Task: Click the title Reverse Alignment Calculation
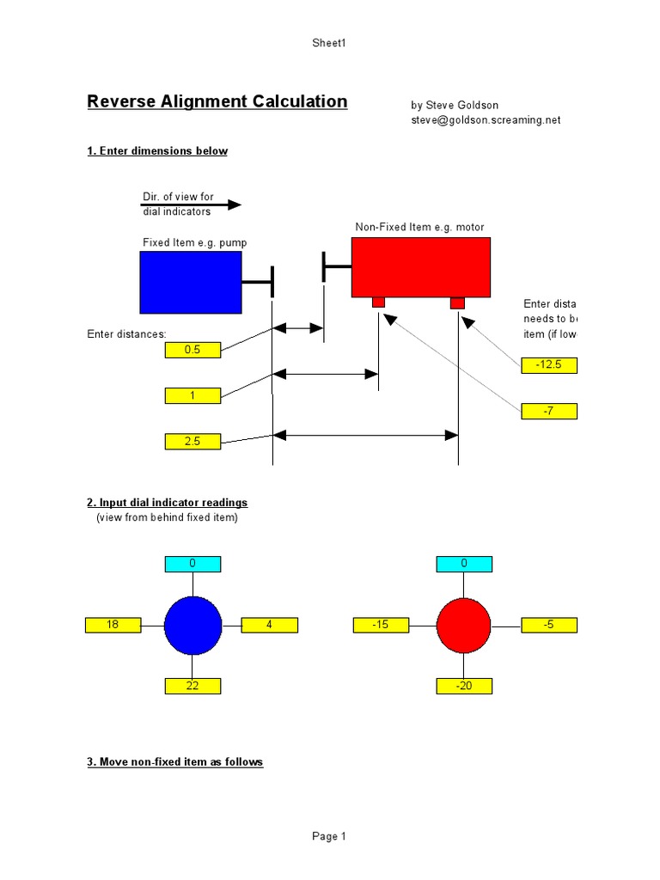[217, 101]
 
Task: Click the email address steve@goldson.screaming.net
[486, 120]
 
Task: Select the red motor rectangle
[420, 267]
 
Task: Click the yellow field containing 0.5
[192, 350]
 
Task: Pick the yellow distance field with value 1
[192, 395]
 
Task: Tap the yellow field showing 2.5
[192, 441]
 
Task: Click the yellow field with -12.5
[548, 365]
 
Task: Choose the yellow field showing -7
[548, 411]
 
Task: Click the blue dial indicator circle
[192, 626]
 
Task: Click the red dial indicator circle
[463, 626]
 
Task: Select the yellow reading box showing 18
[113, 625]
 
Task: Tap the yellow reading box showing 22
[192, 686]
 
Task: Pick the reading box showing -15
[381, 625]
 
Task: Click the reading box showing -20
[464, 686]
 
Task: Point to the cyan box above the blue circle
[192, 564]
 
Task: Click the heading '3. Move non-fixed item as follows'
[175, 762]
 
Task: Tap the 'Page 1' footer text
[329, 836]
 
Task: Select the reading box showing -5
[548, 625]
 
